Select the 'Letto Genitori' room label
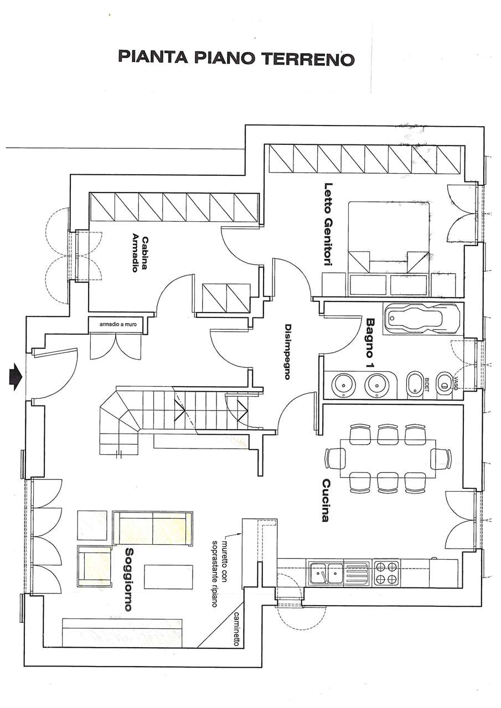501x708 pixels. point(329,226)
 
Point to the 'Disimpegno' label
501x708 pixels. point(287,351)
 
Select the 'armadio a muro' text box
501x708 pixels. point(118,324)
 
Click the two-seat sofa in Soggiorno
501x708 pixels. point(152,528)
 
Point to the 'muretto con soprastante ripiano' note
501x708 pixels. point(220,569)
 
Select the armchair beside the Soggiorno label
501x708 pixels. point(94,567)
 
